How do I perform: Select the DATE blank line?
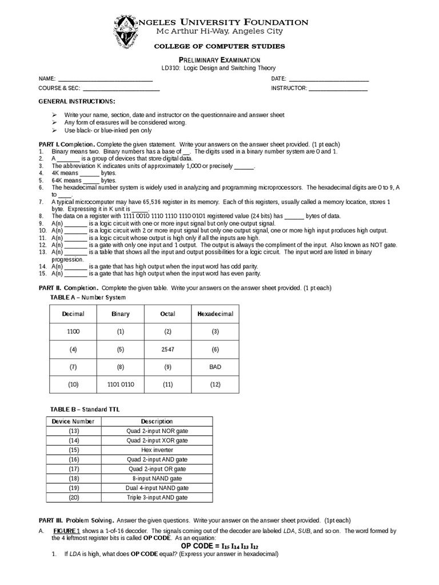tap(329, 78)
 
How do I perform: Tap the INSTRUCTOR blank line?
tap(338, 89)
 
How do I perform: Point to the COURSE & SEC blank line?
tap(121, 89)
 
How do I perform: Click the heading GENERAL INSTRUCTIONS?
tap(77, 101)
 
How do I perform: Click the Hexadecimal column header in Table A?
tap(215, 314)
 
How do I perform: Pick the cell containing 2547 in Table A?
tap(167, 349)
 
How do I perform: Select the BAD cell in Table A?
tap(215, 367)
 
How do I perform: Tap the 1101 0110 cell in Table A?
tap(121, 384)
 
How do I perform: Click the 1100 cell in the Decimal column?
tap(73, 331)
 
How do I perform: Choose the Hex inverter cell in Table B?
tap(157, 450)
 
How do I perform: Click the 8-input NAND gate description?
tap(157, 478)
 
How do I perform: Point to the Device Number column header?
tap(73, 421)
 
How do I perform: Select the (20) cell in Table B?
tap(74, 498)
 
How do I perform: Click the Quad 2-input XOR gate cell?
tap(157, 440)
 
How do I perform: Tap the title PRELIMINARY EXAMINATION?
tap(219, 60)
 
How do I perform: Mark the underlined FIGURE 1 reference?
tap(66, 531)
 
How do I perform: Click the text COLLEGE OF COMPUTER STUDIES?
tap(219, 46)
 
